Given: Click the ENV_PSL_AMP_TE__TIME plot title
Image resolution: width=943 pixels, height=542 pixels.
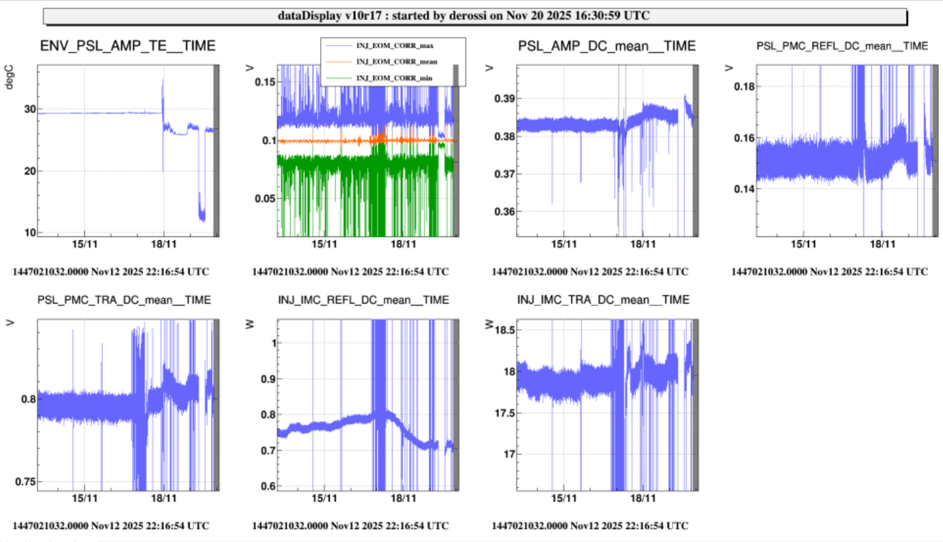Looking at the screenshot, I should pos(128,46).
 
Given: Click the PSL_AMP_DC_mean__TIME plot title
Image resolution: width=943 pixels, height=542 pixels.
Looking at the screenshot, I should pos(607,46).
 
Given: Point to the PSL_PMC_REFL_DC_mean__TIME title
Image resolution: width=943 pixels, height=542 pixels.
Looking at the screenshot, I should pos(842,46).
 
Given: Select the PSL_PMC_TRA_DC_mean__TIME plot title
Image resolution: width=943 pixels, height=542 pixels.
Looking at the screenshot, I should pos(124,300).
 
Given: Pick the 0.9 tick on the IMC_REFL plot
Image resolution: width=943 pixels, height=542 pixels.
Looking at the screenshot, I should pos(266,379).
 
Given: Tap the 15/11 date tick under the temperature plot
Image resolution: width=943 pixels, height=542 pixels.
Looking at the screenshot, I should pos(84,244).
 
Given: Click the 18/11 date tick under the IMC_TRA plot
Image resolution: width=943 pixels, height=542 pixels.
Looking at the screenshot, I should pos(643,498).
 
